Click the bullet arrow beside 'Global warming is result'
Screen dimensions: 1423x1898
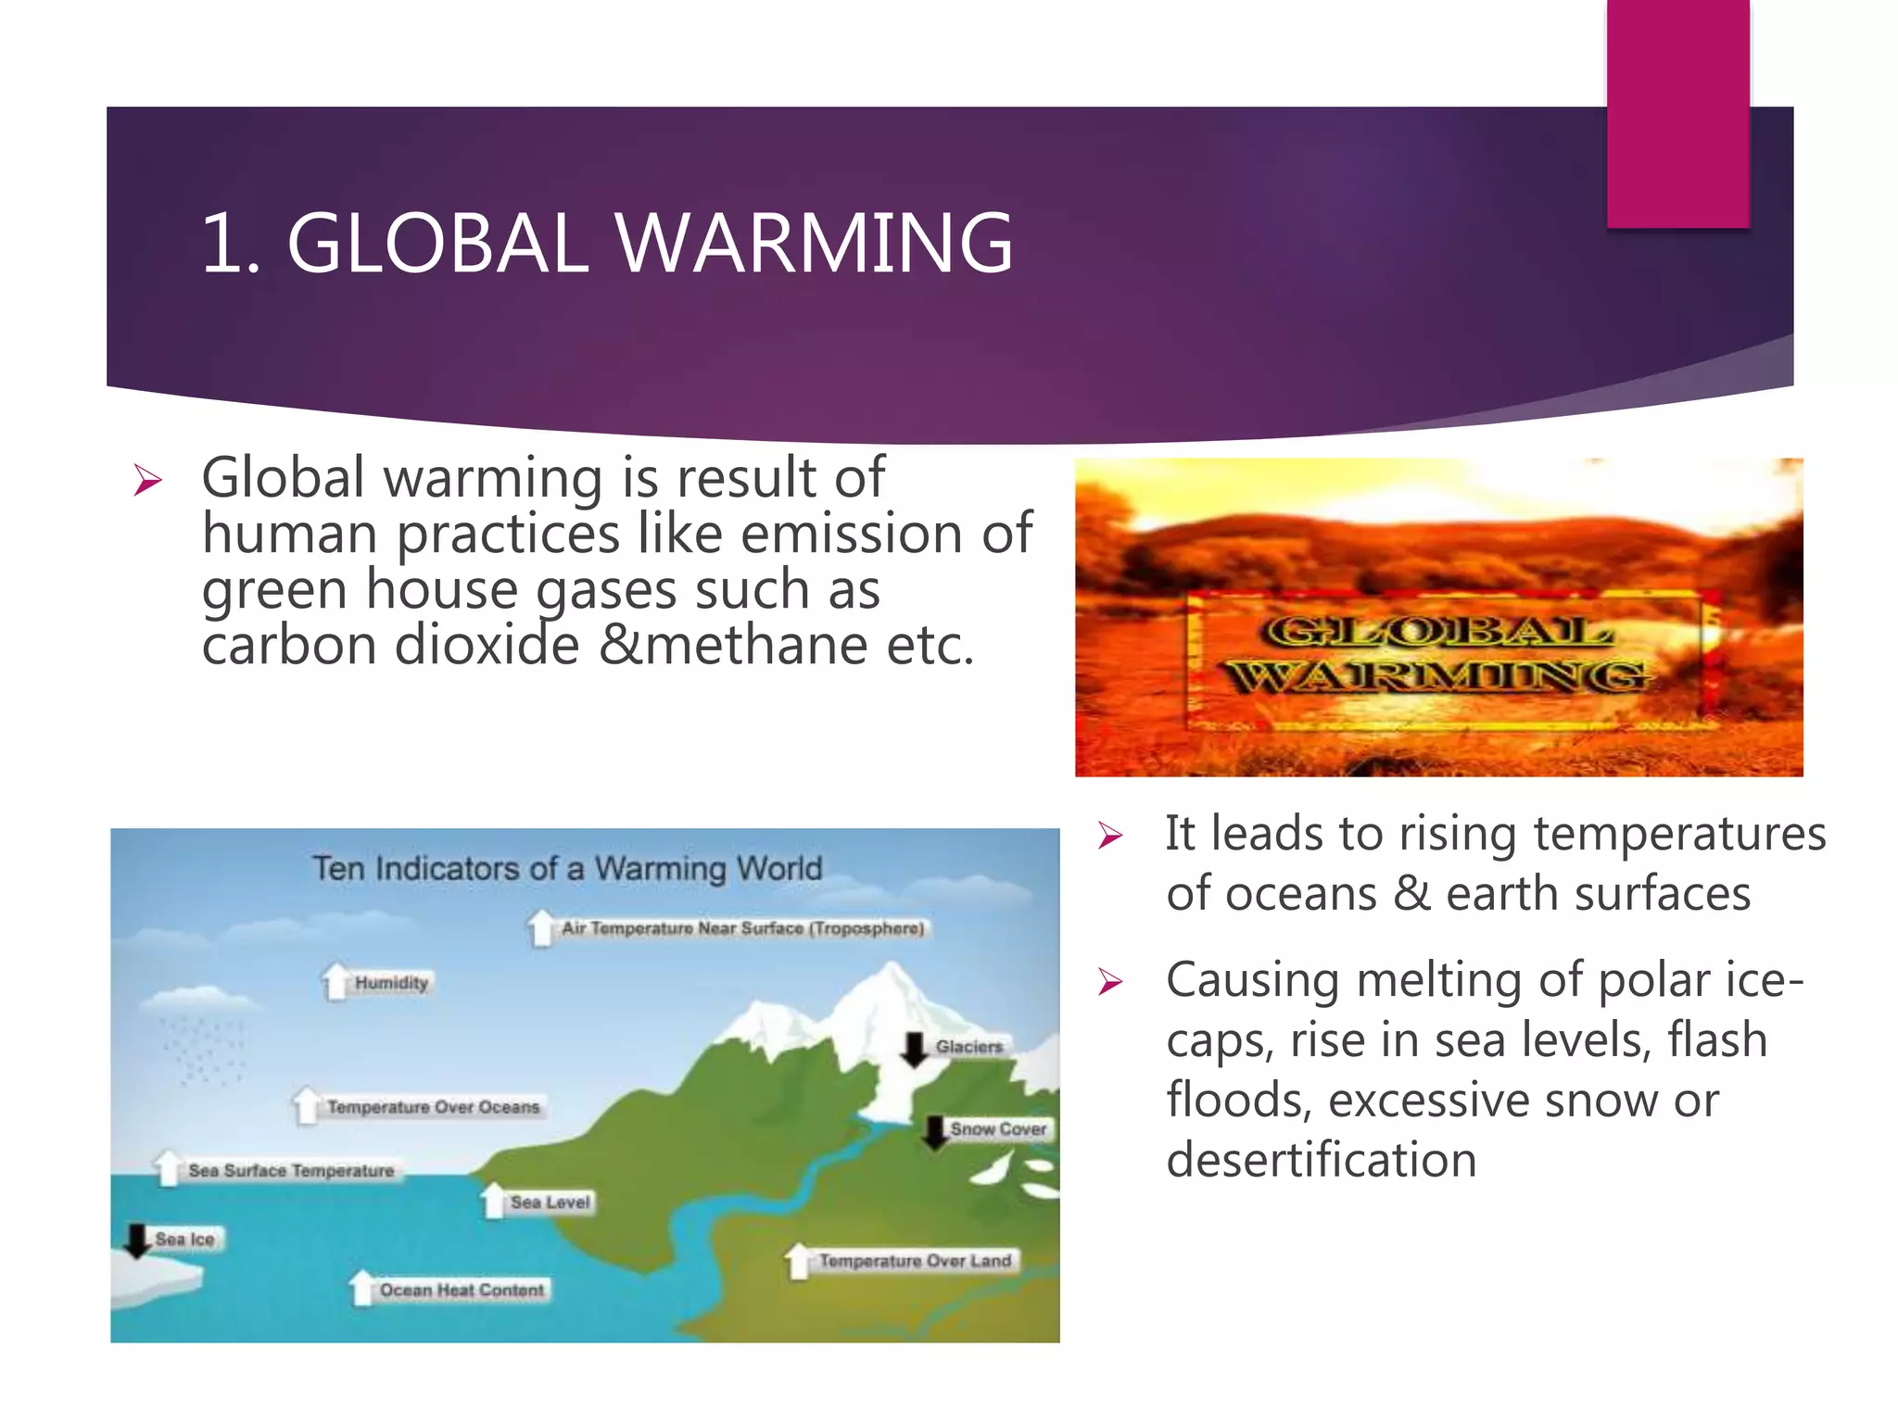pyautogui.click(x=147, y=480)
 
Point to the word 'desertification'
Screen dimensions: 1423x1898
pyautogui.click(x=1321, y=1160)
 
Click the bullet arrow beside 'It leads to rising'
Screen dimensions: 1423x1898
pyautogui.click(x=1109, y=836)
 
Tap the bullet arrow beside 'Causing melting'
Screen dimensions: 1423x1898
pyautogui.click(x=1109, y=981)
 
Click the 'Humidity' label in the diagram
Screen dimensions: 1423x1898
pyautogui.click(x=391, y=983)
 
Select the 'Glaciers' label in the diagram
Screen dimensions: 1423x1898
pyautogui.click(x=968, y=1047)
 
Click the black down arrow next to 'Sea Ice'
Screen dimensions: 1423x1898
pyautogui.click(x=137, y=1240)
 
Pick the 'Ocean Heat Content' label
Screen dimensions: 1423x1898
pyautogui.click(x=462, y=1291)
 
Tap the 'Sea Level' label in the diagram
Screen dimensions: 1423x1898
pyautogui.click(x=550, y=1203)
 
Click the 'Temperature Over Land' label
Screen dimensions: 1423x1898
pyautogui.click(x=915, y=1261)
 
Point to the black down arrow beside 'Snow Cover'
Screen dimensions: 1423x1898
pyautogui.click(x=935, y=1131)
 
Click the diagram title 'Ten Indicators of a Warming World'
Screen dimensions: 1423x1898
pyautogui.click(x=567, y=869)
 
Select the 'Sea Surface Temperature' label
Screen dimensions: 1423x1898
pyautogui.click(x=291, y=1171)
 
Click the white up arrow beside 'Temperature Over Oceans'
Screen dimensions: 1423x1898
pyautogui.click(x=307, y=1105)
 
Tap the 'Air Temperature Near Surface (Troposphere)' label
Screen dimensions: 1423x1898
pyautogui.click(x=742, y=928)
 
